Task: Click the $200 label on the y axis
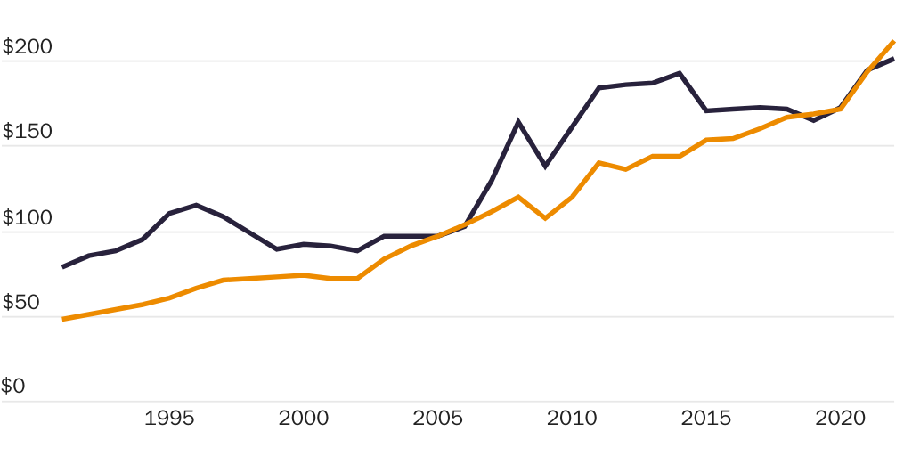tap(28, 47)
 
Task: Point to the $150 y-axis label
tap(28, 132)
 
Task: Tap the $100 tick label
tap(28, 218)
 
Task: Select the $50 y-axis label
tap(23, 303)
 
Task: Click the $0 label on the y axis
tap(13, 387)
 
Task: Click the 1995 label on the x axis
tap(169, 419)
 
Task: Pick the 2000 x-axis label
tap(304, 419)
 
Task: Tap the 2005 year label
tap(437, 419)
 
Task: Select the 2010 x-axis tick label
tap(571, 419)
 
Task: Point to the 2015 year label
tap(705, 419)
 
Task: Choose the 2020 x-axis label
tap(840, 419)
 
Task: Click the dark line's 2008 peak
tap(518, 121)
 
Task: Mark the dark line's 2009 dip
tap(545, 167)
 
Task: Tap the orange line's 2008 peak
tap(518, 197)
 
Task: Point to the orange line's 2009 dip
tap(545, 218)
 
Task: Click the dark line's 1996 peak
tap(196, 205)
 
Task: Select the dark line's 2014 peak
tap(680, 73)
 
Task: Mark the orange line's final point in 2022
tap(893, 41)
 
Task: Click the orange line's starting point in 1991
tap(62, 319)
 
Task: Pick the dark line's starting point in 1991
tap(62, 266)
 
